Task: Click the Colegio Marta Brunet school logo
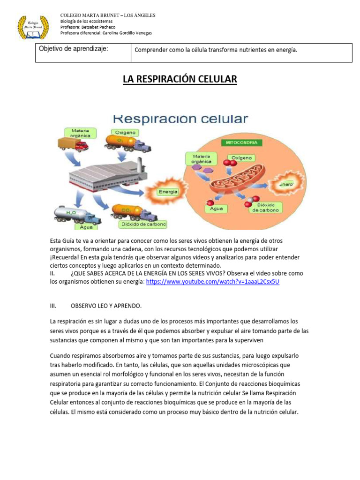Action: click(x=33, y=27)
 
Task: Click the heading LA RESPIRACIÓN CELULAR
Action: click(x=180, y=79)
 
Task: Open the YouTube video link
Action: click(x=213, y=282)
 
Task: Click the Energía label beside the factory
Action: click(x=168, y=191)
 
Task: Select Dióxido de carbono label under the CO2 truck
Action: click(x=143, y=224)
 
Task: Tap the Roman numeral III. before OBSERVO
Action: click(x=53, y=306)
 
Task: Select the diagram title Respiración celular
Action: click(x=180, y=119)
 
